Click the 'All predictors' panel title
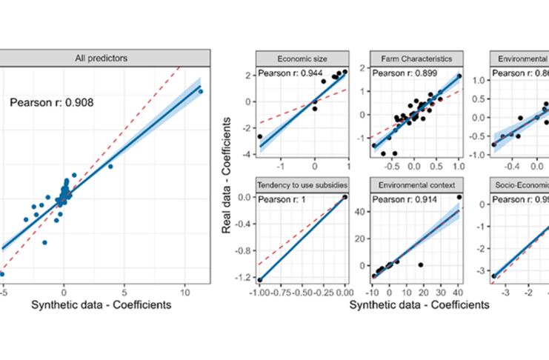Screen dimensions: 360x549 (106, 58)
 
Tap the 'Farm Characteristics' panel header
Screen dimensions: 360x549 (416, 58)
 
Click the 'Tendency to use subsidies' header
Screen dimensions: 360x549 (301, 183)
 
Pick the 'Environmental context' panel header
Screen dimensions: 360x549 (416, 183)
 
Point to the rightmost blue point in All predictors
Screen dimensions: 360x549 (200, 91)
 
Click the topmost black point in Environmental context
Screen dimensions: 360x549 (459, 197)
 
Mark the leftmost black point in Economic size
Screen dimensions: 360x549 (259, 136)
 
